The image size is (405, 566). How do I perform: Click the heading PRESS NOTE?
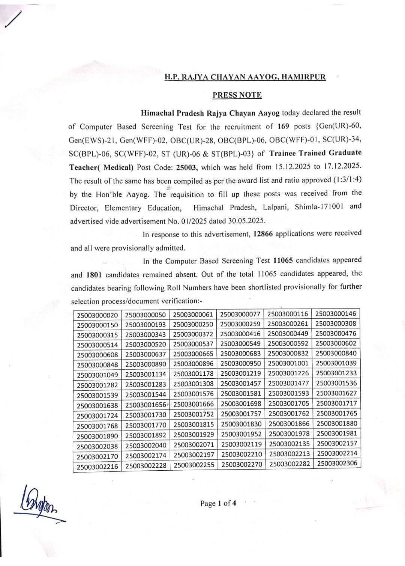click(237, 95)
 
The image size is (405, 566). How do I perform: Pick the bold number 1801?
click(94, 275)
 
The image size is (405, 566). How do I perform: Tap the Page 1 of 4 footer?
click(218, 503)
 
